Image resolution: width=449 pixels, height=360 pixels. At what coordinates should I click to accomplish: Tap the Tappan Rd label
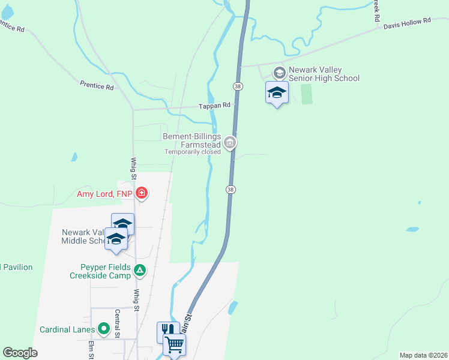point(215,105)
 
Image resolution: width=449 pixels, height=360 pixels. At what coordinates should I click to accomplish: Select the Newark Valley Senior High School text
point(324,74)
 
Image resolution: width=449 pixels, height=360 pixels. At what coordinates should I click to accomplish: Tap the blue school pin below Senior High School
point(277,93)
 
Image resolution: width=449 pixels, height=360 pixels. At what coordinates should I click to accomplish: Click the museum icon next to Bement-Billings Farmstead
point(230,143)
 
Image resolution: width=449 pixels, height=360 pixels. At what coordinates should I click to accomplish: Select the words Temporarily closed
point(192,152)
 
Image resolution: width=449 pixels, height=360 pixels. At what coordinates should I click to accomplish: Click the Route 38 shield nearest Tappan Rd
point(238,86)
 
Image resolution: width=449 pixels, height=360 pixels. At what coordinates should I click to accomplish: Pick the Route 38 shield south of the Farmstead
point(231,189)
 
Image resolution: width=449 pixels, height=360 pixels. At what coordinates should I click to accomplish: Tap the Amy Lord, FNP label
point(105,193)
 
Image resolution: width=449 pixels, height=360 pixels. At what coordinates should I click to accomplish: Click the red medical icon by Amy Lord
point(142,193)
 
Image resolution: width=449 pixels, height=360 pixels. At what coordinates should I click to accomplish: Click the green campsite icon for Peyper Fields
point(139,271)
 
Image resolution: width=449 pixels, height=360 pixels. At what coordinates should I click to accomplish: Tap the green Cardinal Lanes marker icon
point(104,329)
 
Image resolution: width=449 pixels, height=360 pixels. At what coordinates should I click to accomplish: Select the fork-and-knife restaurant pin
point(167,331)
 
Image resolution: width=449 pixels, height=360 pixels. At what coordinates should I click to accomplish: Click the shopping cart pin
point(174,344)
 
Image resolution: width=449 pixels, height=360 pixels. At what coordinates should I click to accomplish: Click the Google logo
point(20,352)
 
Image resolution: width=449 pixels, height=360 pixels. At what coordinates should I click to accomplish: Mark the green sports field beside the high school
point(307,94)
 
